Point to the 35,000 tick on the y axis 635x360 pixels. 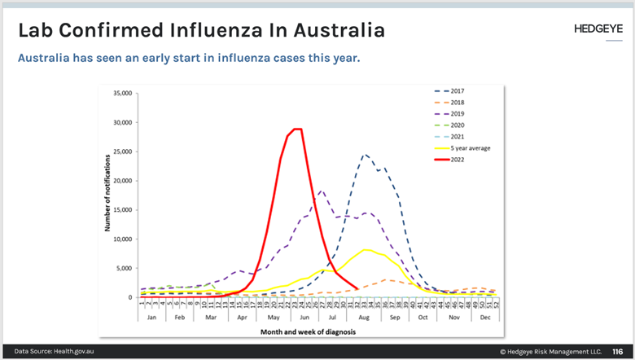(123, 93)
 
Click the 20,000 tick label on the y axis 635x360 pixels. (123, 181)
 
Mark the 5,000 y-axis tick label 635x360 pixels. (125, 268)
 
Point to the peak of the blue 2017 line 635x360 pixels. (365, 154)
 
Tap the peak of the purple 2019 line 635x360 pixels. (322, 191)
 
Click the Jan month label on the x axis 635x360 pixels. (152, 316)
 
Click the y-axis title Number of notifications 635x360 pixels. (107, 195)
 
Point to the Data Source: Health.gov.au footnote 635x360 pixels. (50, 352)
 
